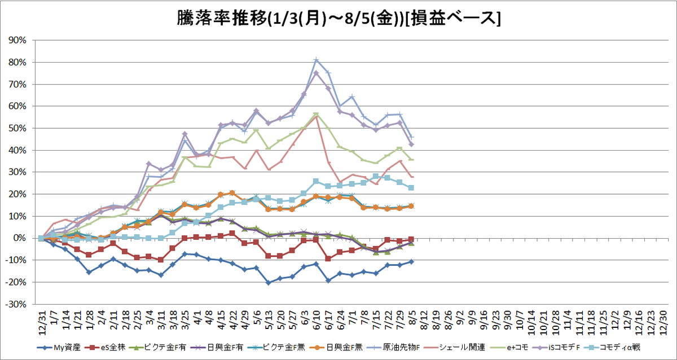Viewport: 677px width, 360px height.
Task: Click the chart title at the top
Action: click(338, 19)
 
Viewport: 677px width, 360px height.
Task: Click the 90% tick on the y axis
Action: click(17, 40)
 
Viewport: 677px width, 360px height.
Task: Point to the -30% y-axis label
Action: click(16, 304)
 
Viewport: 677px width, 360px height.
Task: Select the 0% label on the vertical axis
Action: click(20, 238)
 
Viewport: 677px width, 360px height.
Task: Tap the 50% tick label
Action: click(17, 128)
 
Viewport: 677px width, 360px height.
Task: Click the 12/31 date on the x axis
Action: click(42, 323)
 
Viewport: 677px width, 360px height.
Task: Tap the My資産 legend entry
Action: click(59, 348)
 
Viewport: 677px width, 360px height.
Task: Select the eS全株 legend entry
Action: click(105, 348)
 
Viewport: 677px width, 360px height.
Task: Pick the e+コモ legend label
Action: click(508, 348)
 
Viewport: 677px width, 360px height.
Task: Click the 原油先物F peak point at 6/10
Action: click(316, 60)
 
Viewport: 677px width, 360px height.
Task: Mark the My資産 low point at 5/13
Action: click(269, 283)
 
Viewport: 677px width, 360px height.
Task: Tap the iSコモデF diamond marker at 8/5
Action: click(411, 144)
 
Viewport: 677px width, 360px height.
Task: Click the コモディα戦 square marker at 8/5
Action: click(411, 188)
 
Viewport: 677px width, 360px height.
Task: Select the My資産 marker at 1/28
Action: click(89, 273)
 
